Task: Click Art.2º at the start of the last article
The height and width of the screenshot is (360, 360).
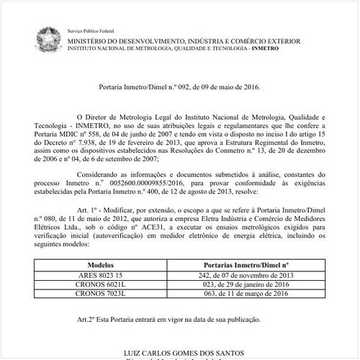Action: tap(87, 319)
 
